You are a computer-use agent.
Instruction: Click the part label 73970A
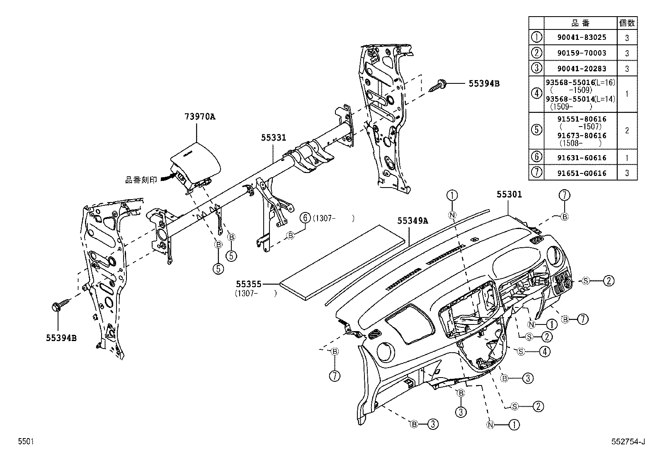point(200,117)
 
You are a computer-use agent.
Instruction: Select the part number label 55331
point(274,137)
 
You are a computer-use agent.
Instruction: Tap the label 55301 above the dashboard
point(509,194)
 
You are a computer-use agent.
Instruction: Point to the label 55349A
point(412,221)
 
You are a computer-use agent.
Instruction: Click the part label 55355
point(249,284)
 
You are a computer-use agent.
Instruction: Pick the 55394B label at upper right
point(484,83)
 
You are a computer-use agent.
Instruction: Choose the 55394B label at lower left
point(61,337)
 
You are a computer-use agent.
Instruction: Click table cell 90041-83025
point(581,37)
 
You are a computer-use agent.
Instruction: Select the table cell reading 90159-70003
point(581,53)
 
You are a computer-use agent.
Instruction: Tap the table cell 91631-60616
point(581,158)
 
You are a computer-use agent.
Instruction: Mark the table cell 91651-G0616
point(581,173)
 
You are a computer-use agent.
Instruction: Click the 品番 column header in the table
point(580,23)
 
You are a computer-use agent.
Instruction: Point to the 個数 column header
point(626,23)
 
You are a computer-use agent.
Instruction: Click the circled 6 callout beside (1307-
point(305,218)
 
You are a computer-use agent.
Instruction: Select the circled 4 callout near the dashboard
point(544,351)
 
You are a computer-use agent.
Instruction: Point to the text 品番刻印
point(141,180)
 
